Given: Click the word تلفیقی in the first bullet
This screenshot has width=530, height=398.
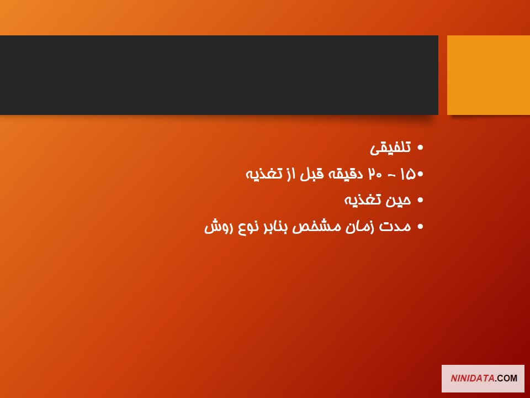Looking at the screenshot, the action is (x=390, y=148).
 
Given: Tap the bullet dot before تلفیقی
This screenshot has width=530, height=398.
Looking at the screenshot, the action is (x=420, y=148).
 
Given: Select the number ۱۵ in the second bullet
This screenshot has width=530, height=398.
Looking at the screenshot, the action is (x=407, y=174).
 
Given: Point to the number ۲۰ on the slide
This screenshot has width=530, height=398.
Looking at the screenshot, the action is (x=375, y=174).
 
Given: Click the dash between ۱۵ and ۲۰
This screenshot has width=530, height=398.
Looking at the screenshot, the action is (x=391, y=175).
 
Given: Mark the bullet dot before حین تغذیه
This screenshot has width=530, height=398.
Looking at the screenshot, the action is (x=420, y=200).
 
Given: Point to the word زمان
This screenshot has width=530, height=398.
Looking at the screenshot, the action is (x=359, y=227).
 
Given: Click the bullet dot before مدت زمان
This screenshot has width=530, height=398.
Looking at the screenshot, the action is (x=420, y=227).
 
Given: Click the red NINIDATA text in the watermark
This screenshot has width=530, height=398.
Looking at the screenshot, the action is (x=472, y=378).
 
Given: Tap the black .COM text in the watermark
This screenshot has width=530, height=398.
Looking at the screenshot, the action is (x=506, y=378).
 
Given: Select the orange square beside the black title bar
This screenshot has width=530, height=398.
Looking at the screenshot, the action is (x=489, y=75).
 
